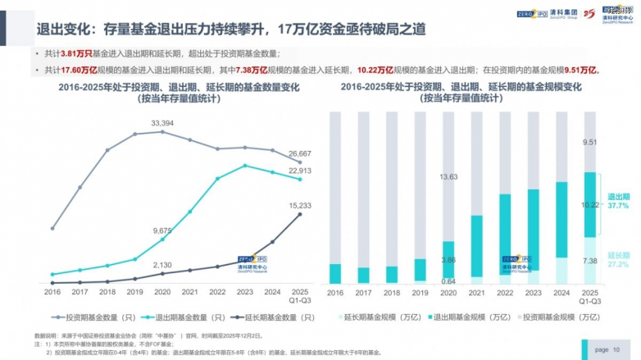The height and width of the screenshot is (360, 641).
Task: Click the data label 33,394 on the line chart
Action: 162,123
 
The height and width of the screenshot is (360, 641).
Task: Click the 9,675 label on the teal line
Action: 162,231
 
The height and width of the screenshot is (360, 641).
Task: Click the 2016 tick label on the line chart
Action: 52,292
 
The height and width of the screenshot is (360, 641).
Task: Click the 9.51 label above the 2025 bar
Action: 589,142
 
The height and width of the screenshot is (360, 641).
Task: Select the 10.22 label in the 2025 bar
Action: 589,204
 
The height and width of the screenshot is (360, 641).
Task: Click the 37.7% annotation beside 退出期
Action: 619,207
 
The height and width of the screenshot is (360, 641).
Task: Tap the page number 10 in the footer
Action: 617,349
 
